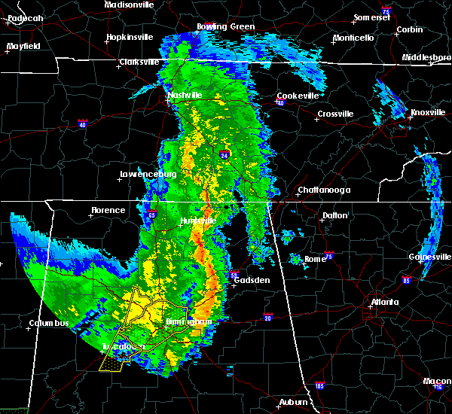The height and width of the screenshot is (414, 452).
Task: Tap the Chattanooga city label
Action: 324,190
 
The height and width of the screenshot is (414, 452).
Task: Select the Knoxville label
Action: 429,113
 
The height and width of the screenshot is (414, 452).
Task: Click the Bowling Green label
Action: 226,26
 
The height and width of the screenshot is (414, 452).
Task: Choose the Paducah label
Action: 23,17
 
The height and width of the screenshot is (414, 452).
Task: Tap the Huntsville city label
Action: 198,221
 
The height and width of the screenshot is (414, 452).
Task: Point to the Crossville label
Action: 335,114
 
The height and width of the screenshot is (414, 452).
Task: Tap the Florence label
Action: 108,210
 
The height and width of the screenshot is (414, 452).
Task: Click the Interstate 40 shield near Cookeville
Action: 279,102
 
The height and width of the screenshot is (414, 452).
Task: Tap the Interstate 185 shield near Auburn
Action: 319,386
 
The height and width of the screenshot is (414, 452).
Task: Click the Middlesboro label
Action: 426,57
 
